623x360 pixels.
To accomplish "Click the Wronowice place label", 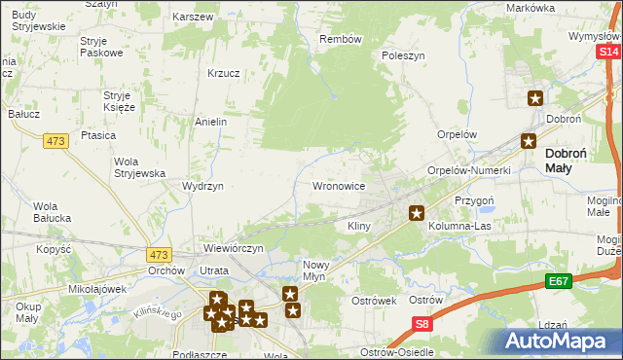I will (338, 185).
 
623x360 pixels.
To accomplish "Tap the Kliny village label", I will (359, 226).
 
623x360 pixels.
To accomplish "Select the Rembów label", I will (341, 40).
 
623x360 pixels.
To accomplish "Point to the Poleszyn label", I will (404, 56).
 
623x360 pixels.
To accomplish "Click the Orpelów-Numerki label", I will (469, 170).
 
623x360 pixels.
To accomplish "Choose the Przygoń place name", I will (474, 199).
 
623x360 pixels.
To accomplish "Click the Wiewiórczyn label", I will (234, 248).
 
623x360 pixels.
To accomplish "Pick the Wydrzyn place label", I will (203, 186).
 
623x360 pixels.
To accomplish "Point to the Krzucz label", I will (224, 73).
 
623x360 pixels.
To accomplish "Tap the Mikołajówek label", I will (98, 289).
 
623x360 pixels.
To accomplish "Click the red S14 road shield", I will (608, 52).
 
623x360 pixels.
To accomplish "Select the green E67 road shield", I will (557, 282).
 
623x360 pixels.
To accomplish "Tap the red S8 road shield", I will (421, 324).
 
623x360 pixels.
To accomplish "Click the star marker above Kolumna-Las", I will (417, 212).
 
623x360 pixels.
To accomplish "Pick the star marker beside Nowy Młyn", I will (289, 294).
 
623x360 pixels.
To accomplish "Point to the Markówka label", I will (531, 8).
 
